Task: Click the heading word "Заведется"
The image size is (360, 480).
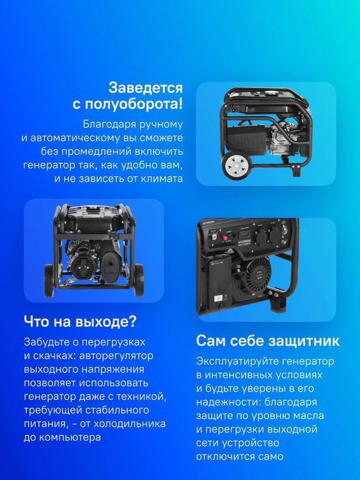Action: click(145, 87)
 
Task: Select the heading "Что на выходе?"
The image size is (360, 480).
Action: click(80, 320)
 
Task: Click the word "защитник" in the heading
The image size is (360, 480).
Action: click(303, 340)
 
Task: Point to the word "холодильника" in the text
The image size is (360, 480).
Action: click(134, 424)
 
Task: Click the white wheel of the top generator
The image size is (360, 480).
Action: click(236, 166)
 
